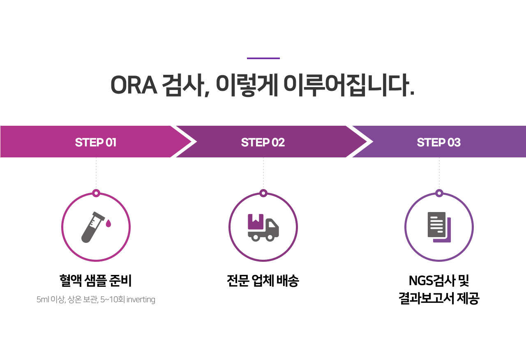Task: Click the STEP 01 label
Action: (x=96, y=142)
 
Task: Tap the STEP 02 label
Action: (x=263, y=142)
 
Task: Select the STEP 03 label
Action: (x=438, y=142)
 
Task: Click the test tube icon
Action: (x=92, y=227)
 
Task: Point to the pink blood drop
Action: (x=108, y=223)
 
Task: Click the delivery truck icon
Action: (x=263, y=227)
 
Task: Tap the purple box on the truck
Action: (x=256, y=221)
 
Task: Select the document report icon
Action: (x=439, y=227)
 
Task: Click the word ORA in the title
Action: (x=134, y=85)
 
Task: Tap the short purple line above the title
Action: (x=263, y=58)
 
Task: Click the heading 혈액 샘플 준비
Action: (x=96, y=280)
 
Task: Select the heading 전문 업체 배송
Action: (x=263, y=280)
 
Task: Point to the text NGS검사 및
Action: (x=438, y=280)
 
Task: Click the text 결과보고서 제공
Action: (x=438, y=298)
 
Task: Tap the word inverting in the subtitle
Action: (x=141, y=300)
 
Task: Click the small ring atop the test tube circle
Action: (x=96, y=193)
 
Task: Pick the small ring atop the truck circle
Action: (x=263, y=193)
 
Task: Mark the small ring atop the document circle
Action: (x=439, y=193)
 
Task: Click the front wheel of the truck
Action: (x=270, y=238)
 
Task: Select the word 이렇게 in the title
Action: (x=247, y=85)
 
